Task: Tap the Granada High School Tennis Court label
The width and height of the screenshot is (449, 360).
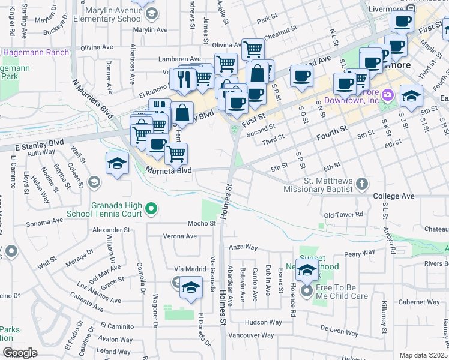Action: (116, 209)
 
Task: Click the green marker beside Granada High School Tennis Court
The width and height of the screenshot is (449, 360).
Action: (152, 209)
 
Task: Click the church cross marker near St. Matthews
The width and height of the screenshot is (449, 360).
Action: (362, 184)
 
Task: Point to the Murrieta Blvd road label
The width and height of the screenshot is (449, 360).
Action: (169, 170)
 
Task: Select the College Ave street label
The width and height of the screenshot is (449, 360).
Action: (394, 196)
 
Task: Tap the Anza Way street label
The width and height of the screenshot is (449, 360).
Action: (243, 247)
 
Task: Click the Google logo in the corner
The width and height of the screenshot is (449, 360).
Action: (20, 353)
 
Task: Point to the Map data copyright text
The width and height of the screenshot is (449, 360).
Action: (424, 355)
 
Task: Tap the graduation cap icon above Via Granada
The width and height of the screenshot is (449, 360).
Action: (191, 287)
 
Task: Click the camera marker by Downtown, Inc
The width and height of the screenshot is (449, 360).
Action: (387, 95)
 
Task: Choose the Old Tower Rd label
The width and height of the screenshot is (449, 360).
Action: (343, 215)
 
